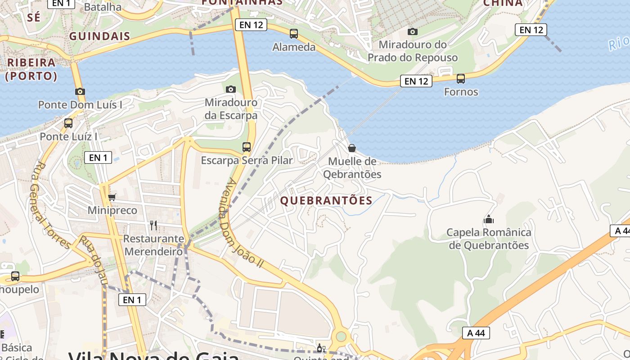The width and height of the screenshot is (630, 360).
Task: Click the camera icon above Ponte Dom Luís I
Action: (x=80, y=91)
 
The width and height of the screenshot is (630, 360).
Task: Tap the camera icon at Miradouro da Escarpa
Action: (x=231, y=89)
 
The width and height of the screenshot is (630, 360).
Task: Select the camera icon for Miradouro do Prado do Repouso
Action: (x=412, y=31)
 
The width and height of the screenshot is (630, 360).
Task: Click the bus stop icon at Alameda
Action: (x=294, y=33)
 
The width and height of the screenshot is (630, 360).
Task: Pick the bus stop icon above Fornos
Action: (x=461, y=79)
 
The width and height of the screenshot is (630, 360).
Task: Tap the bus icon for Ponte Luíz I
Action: (x=68, y=123)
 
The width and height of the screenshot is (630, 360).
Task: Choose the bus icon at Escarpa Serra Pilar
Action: (x=247, y=147)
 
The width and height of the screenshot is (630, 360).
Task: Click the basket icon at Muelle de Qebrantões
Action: (x=352, y=148)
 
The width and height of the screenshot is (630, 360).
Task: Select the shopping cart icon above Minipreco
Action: (x=112, y=197)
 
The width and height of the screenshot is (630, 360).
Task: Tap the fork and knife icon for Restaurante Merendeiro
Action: (x=153, y=225)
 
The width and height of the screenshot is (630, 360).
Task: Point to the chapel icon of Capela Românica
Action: (x=489, y=219)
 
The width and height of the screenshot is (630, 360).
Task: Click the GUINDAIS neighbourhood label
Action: (x=100, y=36)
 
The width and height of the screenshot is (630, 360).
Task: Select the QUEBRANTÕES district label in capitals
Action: (x=326, y=201)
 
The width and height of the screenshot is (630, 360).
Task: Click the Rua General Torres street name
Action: (x=50, y=205)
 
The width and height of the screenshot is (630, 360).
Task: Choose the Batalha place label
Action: (x=103, y=7)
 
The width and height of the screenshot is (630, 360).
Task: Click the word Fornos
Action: (x=461, y=92)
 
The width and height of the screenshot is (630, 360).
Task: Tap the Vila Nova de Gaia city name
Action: (x=153, y=355)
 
